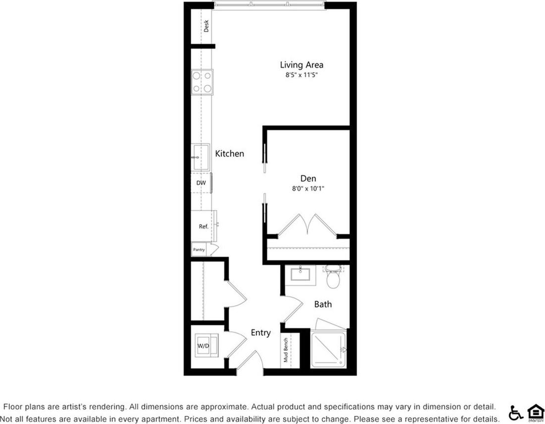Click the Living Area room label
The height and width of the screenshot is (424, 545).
301,65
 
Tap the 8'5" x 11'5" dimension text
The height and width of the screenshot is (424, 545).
301,75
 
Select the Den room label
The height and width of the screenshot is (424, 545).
308,179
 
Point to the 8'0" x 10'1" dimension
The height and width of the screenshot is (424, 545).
308,188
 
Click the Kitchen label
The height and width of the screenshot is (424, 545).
229,154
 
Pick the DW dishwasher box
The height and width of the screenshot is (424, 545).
201,183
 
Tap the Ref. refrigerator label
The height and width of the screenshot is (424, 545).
203,226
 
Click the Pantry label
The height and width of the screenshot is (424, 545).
199,250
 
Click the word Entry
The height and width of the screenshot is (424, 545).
260,333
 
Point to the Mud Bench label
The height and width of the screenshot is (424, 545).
286,351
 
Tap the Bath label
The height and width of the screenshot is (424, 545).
323,304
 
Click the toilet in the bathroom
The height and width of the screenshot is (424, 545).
332,279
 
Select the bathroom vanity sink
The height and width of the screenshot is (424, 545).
303,274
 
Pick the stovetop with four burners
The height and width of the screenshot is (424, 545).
202,82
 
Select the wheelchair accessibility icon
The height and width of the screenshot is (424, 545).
516,412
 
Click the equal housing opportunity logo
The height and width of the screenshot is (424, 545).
535,412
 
